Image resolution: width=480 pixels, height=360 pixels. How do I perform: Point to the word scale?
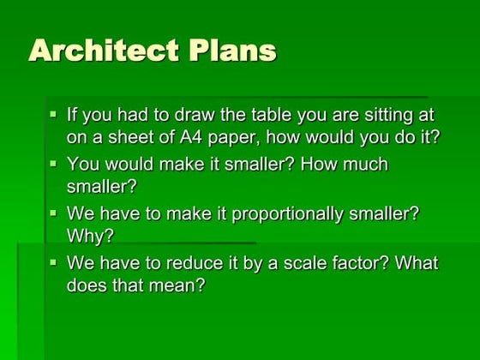303,263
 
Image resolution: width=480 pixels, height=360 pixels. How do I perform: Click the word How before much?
317,165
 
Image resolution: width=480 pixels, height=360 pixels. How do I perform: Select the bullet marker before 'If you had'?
54,113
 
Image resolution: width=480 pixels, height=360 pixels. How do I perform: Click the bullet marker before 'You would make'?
54,163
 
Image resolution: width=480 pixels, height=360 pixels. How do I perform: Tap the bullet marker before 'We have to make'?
54,212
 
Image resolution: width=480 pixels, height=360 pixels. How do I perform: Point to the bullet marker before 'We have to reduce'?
54,261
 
